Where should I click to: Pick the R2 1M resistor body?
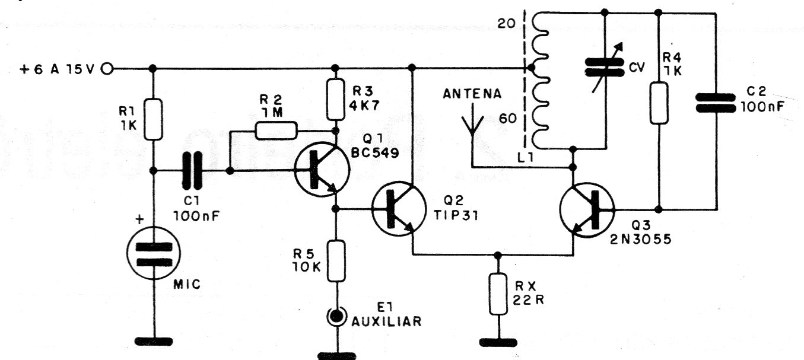[x=275, y=131]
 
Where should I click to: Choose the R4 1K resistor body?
[x=659, y=104]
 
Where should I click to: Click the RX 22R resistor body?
[x=498, y=295]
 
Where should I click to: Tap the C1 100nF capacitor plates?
[x=192, y=171]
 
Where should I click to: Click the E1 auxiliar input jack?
[x=336, y=317]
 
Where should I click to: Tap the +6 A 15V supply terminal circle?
[x=107, y=69]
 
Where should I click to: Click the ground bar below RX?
[x=498, y=342]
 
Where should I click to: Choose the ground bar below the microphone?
[x=154, y=342]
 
